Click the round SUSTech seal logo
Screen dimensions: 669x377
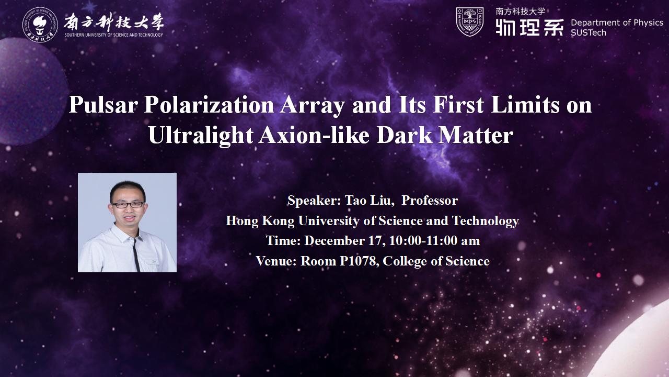[x=40, y=25]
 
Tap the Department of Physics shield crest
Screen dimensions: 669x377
[x=470, y=22]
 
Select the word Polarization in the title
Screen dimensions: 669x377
[x=209, y=105]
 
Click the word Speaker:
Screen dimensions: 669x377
[x=314, y=201]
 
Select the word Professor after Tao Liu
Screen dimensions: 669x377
[x=430, y=200]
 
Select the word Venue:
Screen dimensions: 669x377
[x=276, y=261]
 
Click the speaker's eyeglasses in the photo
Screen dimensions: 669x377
[x=128, y=205]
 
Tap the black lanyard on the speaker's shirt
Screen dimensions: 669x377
[x=136, y=255]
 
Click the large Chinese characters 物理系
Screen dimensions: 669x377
[x=530, y=27]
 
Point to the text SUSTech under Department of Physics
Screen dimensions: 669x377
[x=589, y=33]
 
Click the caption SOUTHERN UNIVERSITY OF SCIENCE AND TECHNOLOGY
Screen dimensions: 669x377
[x=114, y=35]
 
